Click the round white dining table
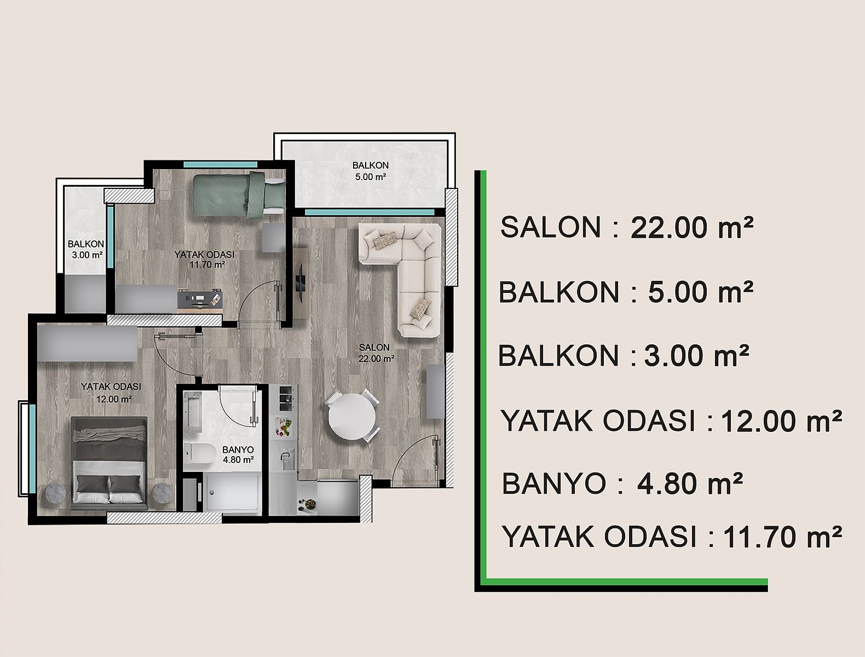pyautogui.click(x=352, y=417)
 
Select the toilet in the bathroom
pyautogui.click(x=199, y=453)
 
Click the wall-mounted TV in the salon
pyautogui.click(x=299, y=284)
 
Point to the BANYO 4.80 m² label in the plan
pyautogui.click(x=238, y=454)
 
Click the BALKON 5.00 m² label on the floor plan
pyautogui.click(x=371, y=171)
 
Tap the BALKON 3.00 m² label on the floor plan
pyautogui.click(x=86, y=250)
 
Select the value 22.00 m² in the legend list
pyautogui.click(x=692, y=228)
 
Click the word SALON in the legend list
pyautogui.click(x=550, y=227)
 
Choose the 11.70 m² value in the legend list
pyautogui.click(x=782, y=537)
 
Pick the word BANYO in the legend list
pyautogui.click(x=553, y=483)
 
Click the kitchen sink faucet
pyautogui.click(x=285, y=457)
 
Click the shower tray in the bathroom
pyautogui.click(x=232, y=493)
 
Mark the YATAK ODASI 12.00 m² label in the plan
pyautogui.click(x=112, y=393)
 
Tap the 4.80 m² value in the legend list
pyautogui.click(x=690, y=484)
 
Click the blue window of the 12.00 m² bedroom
pyautogui.click(x=32, y=449)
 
